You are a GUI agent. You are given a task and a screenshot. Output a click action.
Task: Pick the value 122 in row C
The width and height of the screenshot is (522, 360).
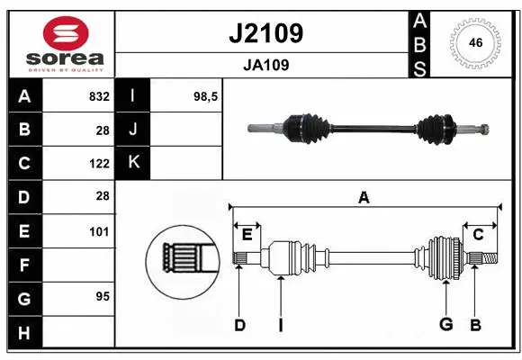point(99,164)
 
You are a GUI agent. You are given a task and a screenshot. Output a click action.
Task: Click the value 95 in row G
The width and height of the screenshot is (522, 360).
point(103,296)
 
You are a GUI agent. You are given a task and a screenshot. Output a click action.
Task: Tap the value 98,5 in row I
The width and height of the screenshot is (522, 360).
point(206,96)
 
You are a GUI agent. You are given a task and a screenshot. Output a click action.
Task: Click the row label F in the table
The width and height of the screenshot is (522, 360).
point(23,265)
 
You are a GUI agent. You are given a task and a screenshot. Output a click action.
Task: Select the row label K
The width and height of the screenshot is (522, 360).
point(134,163)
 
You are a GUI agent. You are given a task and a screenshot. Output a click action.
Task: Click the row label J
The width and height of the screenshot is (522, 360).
point(134,130)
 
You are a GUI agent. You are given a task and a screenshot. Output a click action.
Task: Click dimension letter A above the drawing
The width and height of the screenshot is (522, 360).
point(364,197)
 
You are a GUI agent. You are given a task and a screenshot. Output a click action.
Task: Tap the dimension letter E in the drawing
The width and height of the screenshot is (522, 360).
point(247,235)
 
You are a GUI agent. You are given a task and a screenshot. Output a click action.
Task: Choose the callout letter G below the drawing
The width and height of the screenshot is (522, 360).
point(445,325)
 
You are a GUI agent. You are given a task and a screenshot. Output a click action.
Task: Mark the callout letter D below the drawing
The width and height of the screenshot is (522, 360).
point(239,325)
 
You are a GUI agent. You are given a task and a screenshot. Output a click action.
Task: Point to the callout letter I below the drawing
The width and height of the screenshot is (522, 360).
point(281,325)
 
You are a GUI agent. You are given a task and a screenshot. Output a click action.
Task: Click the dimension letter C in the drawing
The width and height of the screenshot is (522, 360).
point(479,235)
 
